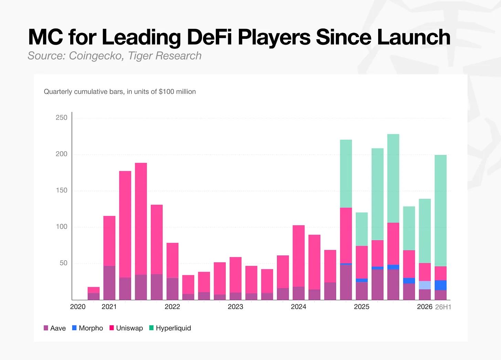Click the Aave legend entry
coord(55,328)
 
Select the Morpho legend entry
coord(87,328)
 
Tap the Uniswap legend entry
coord(126,328)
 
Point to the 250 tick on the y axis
coord(62,118)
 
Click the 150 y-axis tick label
coord(62,190)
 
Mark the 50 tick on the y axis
coord(64,263)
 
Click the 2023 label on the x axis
coord(235,307)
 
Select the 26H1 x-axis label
coord(443,307)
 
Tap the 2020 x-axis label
coord(78,307)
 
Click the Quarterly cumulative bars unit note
coord(120,91)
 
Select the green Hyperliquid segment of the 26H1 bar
coord(440,211)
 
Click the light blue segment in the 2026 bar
coord(425,285)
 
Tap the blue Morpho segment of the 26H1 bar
coord(440,285)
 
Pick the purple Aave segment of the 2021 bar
coord(109,283)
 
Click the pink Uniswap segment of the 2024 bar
coord(299,256)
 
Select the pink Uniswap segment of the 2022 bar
coord(172,260)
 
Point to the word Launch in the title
coord(414,37)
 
